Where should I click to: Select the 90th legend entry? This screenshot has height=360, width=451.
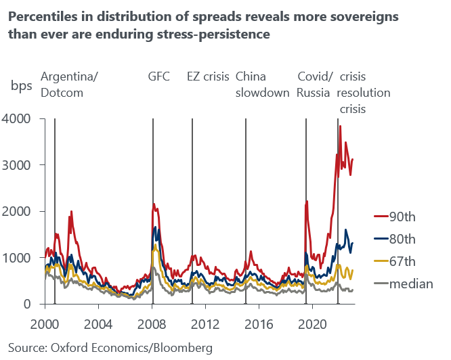[x=401, y=217]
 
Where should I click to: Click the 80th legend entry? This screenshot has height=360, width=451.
[x=401, y=239]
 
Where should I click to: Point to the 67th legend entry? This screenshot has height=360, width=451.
[x=401, y=261]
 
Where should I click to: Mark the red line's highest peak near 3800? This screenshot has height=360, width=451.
[x=340, y=126]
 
